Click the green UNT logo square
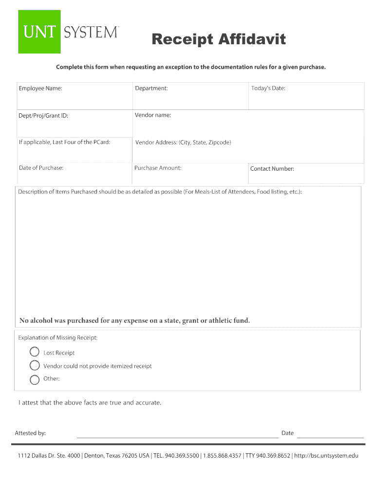pos(39,32)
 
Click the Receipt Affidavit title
pos(218,39)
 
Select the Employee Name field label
pos(40,89)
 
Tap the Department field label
pos(151,89)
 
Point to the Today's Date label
pos(268,89)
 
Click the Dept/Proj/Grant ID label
pos(43,116)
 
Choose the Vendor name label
pos(153,115)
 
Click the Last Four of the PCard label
pos(64,142)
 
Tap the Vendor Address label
pos(183,142)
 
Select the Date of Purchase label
pos(41,168)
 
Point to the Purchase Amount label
pos(158,168)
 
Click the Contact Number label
pos(272,169)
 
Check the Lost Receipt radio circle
pos(35,352)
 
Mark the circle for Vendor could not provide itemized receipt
pos(35,365)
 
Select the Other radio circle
pos(35,379)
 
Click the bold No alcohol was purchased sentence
pos(134,320)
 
